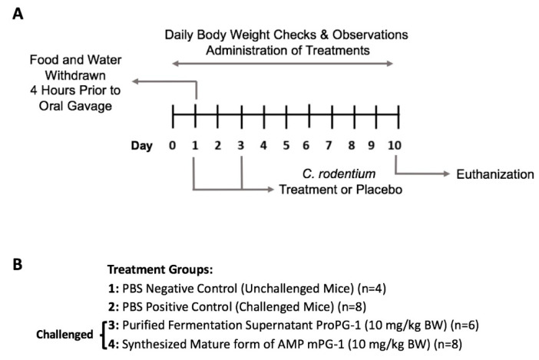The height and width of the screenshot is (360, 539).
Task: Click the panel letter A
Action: (18, 14)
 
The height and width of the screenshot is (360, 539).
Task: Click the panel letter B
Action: (18, 265)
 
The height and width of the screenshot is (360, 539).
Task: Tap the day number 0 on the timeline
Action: (172, 146)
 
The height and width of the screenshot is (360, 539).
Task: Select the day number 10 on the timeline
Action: (395, 146)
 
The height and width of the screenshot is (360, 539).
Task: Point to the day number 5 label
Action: (286, 146)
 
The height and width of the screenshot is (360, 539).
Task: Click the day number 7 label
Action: (329, 146)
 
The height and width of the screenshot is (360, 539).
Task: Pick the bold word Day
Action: (141, 146)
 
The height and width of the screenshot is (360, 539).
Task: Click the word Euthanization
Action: (495, 174)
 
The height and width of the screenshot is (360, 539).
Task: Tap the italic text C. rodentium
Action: (339, 173)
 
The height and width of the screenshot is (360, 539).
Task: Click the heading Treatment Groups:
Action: (160, 269)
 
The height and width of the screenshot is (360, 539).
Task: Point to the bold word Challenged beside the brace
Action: (64, 334)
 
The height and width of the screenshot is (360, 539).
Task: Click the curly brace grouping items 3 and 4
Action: (102, 335)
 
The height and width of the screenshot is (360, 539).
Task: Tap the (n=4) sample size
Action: (372, 288)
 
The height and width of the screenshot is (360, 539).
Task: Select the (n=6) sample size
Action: (465, 325)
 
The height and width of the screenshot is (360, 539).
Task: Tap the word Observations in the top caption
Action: (370, 35)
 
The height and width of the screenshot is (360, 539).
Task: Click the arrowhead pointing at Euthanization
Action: (447, 173)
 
